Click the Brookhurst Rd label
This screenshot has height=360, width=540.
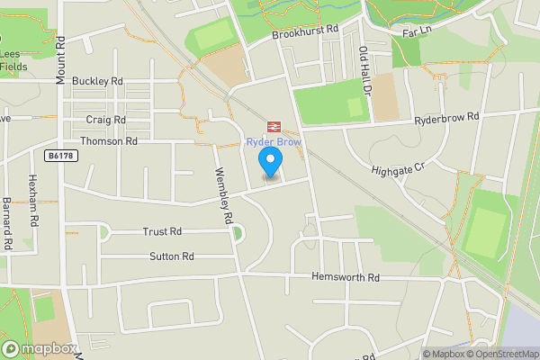[x=305, y=31]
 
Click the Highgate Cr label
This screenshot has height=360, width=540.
[x=397, y=168]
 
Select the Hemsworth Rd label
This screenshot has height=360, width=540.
[x=346, y=278]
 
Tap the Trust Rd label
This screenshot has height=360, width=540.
[x=162, y=231]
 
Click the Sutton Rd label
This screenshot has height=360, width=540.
[x=172, y=256]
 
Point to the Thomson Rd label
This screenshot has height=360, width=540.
[x=109, y=141]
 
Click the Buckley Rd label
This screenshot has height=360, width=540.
[x=97, y=81]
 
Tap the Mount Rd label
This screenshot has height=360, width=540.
[x=60, y=60]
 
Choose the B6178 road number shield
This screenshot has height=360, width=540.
[x=61, y=156]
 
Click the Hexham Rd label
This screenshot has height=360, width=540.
[x=32, y=200]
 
